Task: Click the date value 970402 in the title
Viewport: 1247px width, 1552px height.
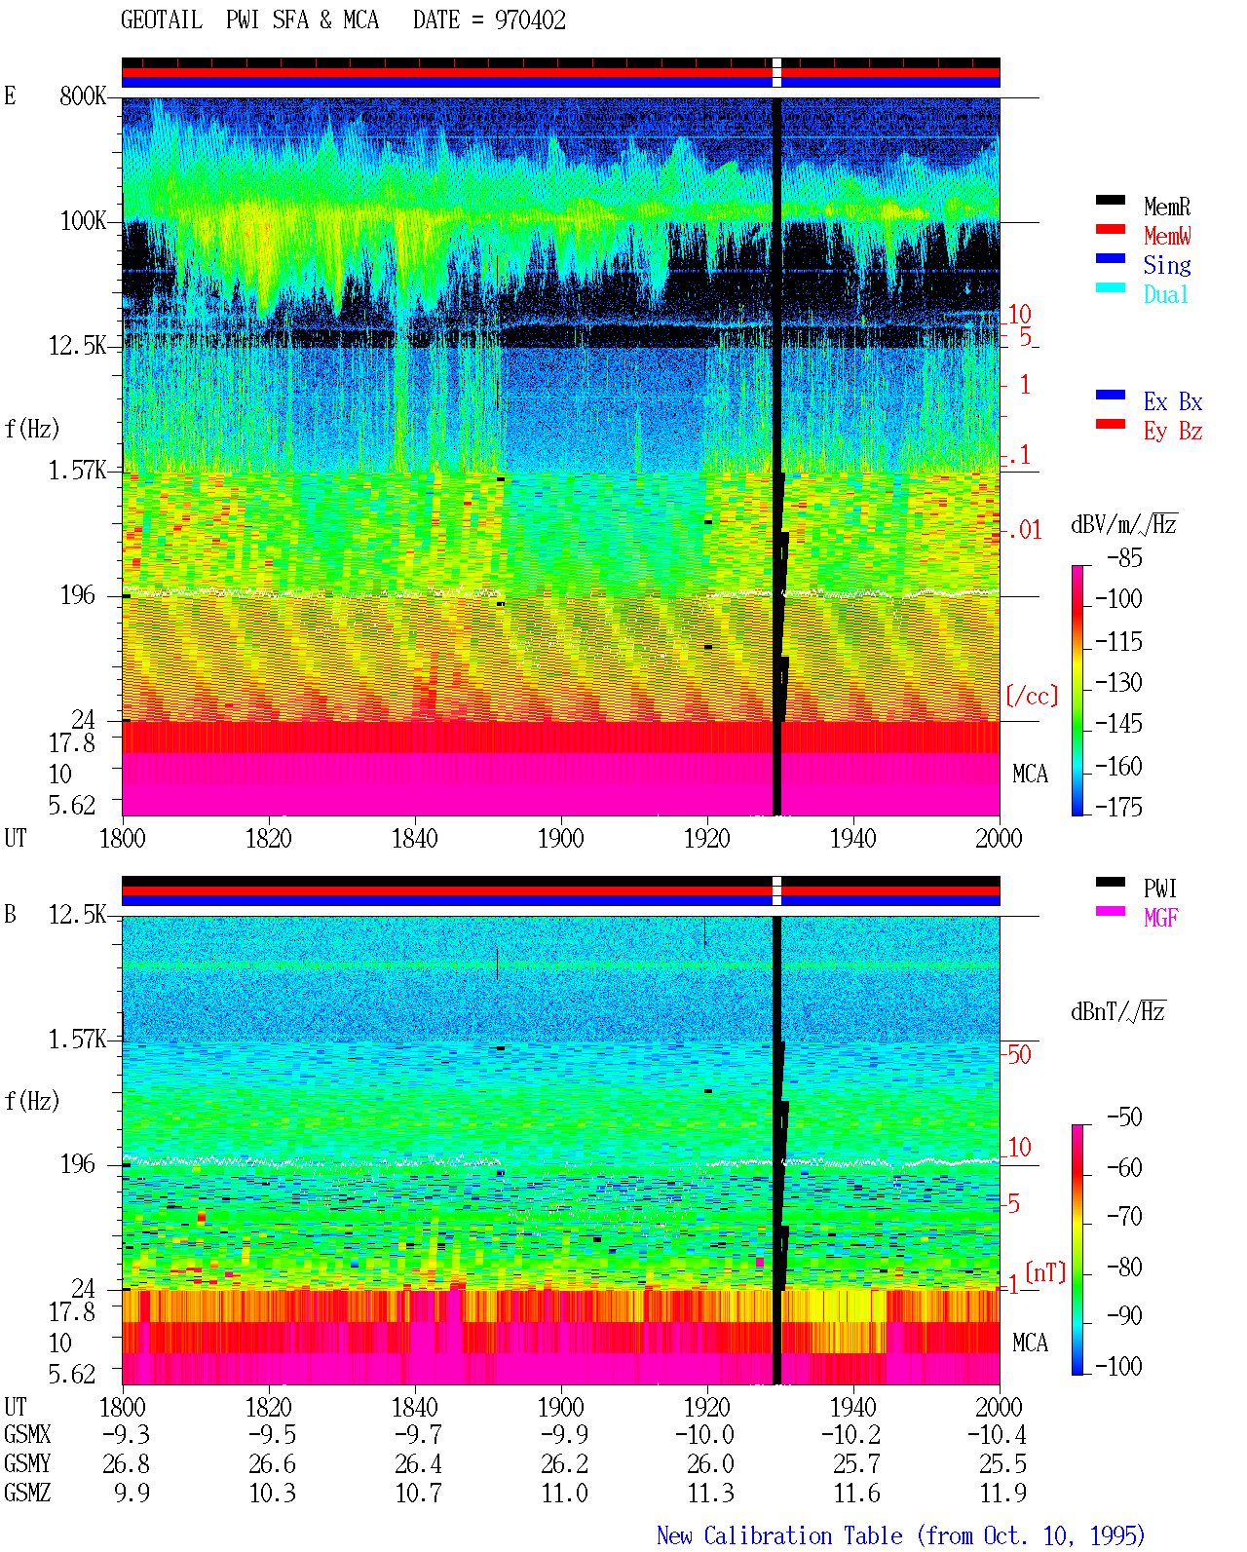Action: [530, 20]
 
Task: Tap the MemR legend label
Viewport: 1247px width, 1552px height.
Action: [1166, 207]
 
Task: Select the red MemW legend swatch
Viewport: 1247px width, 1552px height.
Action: [1110, 229]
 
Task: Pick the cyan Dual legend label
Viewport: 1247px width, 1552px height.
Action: [1165, 294]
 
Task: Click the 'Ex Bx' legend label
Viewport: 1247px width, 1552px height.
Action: [1172, 401]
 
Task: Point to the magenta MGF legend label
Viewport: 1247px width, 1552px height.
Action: [1160, 918]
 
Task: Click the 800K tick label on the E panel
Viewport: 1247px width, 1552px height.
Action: [82, 95]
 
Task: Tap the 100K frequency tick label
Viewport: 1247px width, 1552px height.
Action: [82, 221]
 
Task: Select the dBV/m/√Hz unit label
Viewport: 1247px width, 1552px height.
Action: [1124, 524]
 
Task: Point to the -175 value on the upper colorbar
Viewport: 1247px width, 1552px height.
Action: [1118, 807]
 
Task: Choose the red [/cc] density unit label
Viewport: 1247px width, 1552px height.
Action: [1032, 696]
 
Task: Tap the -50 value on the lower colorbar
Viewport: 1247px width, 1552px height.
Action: [1124, 1117]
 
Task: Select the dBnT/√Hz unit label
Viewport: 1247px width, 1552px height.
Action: [1118, 1012]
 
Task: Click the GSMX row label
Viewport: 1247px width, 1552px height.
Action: [27, 1434]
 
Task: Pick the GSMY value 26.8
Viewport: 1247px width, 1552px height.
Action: [126, 1464]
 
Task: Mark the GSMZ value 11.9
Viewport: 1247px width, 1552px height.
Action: [1002, 1493]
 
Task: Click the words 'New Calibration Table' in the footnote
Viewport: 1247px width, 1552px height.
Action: [779, 1535]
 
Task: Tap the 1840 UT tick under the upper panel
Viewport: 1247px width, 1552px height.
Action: [415, 838]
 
